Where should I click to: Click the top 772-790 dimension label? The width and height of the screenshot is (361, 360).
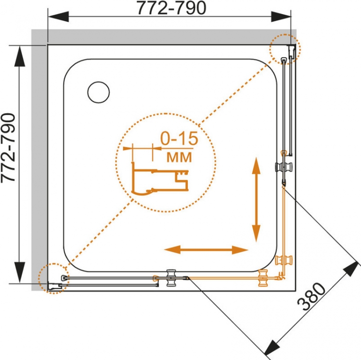[x=171, y=8]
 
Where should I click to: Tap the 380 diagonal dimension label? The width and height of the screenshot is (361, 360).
[x=312, y=296]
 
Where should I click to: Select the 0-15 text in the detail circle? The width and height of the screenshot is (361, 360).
[x=179, y=138]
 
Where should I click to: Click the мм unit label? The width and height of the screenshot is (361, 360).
[x=179, y=157]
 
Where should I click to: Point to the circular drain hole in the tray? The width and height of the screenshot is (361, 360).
[x=99, y=92]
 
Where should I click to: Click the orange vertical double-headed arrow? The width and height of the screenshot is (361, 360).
[x=256, y=199]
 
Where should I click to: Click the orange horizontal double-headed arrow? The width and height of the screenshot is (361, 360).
[x=206, y=250]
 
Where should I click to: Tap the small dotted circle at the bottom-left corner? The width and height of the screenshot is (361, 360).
[x=53, y=278]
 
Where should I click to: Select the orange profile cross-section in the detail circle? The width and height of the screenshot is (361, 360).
[x=160, y=179]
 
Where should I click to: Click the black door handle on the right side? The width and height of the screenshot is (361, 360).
[x=284, y=166]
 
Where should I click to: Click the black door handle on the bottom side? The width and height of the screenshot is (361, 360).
[x=171, y=278]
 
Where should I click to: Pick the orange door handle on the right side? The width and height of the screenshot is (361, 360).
[x=284, y=260]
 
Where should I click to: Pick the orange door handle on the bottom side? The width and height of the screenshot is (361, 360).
[x=263, y=278]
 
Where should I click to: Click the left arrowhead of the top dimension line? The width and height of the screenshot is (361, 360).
[x=58, y=17]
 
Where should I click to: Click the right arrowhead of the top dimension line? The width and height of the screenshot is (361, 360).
[x=281, y=17]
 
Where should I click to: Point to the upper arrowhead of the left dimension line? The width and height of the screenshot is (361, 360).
[x=20, y=56]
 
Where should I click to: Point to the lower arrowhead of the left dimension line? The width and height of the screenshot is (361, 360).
[x=20, y=272]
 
